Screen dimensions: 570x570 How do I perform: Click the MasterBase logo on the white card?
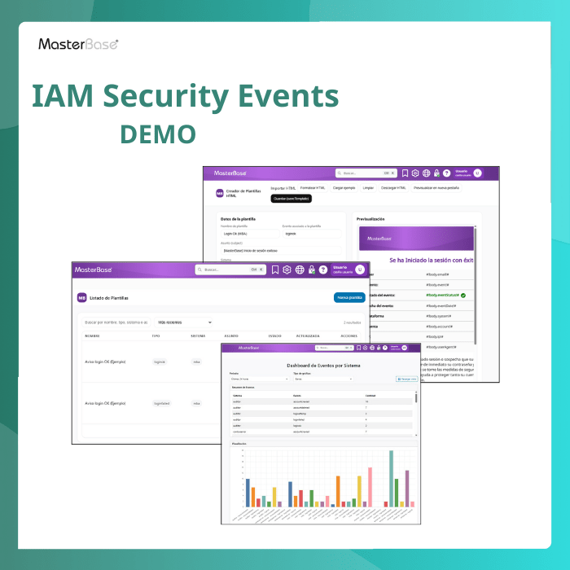[78, 44]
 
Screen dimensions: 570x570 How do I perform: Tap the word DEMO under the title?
[158, 133]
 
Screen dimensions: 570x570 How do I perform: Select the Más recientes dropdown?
[184, 322]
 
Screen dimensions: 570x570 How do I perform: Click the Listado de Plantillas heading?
[109, 298]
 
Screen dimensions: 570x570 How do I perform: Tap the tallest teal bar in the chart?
[391, 478]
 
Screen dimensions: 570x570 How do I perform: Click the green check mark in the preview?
[463, 295]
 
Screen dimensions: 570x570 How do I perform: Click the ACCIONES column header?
[349, 335]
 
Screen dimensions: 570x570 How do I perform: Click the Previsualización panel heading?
[370, 219]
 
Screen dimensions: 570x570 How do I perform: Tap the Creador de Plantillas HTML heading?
[242, 193]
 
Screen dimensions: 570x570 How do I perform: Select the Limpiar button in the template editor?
[368, 187]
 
